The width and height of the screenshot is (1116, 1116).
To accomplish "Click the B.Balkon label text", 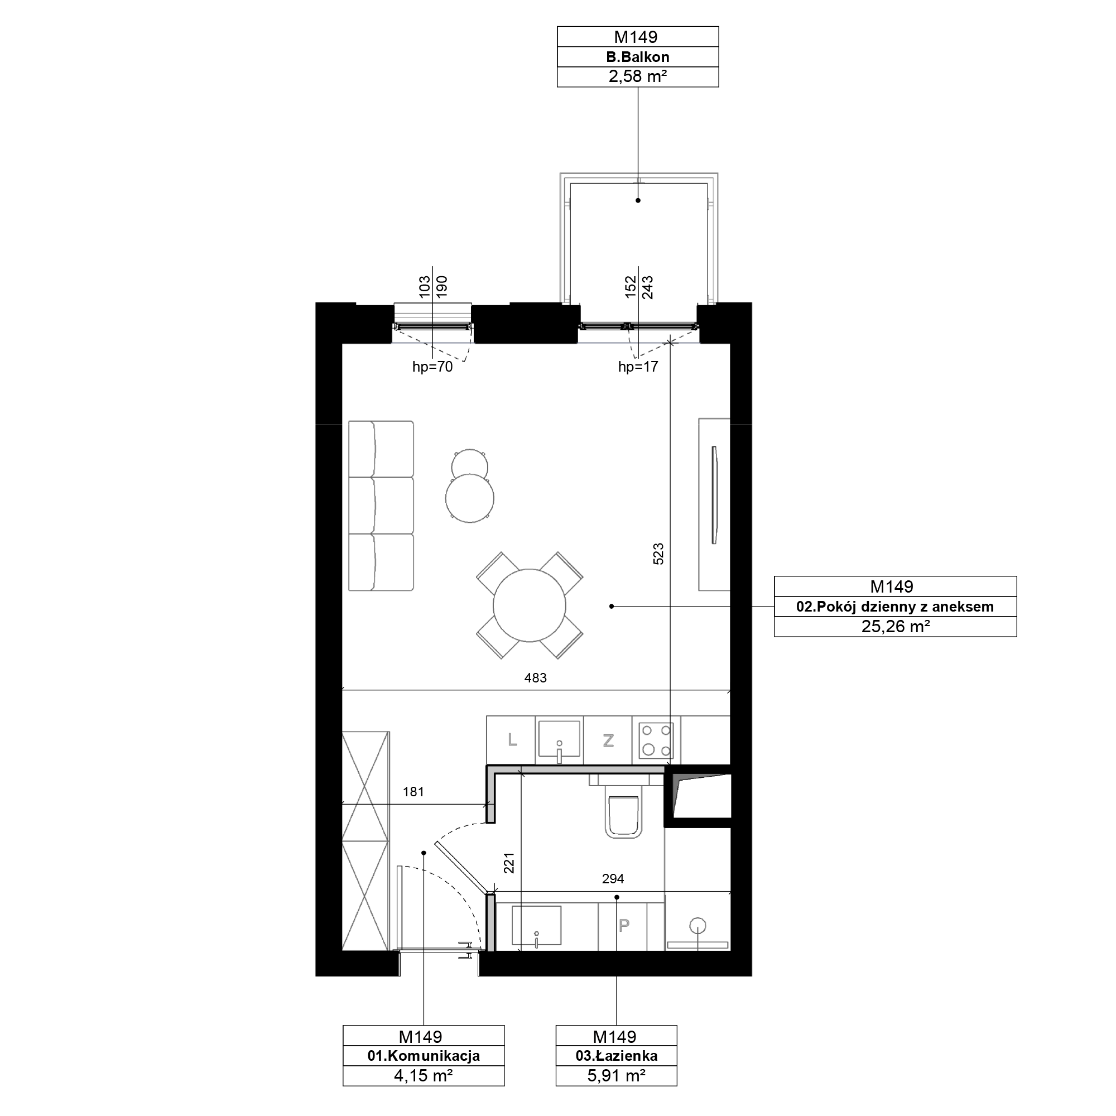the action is point(638,57).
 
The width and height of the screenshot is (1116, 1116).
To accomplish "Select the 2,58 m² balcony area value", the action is point(638,77).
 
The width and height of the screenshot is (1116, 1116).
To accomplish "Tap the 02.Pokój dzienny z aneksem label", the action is point(895,607).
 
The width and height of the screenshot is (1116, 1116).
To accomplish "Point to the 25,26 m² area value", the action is point(896,626).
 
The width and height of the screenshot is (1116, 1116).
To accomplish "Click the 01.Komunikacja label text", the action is point(424,1056).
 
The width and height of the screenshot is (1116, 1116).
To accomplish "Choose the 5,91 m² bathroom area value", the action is point(617,1076).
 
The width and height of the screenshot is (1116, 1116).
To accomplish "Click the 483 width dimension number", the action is point(536,677).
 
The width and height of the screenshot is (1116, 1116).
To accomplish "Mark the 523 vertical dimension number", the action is point(658,554).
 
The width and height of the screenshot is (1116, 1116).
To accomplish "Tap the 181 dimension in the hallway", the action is point(413,791).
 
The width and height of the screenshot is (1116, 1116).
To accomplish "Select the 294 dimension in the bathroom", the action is point(613,879).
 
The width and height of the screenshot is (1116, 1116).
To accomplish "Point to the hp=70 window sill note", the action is point(432,367).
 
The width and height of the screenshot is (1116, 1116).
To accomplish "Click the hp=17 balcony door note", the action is point(638,367).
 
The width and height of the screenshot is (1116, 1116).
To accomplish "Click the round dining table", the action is point(529,605).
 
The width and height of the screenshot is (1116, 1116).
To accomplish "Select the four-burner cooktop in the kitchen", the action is point(656,740).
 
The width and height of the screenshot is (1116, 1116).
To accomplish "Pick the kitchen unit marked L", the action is point(511,740).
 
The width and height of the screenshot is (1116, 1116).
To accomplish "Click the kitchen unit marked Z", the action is point(608,740).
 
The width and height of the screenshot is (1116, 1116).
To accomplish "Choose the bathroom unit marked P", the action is point(623,925).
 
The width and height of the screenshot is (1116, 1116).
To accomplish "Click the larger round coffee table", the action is point(470,498).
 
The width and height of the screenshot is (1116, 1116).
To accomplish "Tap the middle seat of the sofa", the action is point(381,506).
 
